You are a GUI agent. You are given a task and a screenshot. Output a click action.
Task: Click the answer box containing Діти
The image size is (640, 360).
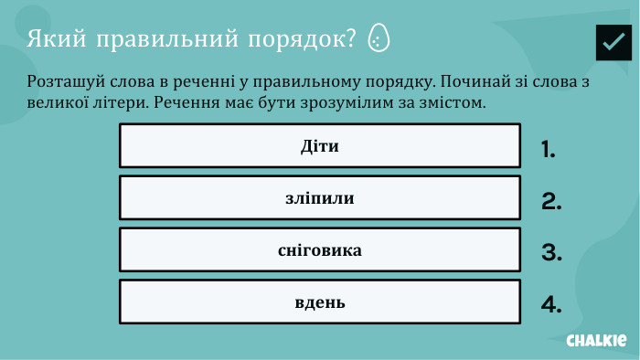click(319, 145)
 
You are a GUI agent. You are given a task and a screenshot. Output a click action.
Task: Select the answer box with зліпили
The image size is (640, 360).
click(319, 197)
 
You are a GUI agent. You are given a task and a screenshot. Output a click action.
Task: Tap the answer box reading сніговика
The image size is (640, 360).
click(319, 249)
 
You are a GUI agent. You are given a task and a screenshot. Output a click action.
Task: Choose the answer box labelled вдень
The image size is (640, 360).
click(319, 302)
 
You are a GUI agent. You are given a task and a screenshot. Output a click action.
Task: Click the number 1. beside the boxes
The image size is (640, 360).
click(549, 150)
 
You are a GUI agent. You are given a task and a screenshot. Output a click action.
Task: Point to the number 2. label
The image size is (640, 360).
click(551, 202)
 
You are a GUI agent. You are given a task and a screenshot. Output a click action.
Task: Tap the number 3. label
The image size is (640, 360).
click(551, 253)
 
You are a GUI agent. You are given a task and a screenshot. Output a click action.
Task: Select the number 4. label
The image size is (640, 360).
click(551, 305)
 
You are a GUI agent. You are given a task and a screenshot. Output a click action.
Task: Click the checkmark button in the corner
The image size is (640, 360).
click(613, 42)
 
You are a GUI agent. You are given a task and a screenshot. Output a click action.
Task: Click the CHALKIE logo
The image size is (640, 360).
click(596, 340)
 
